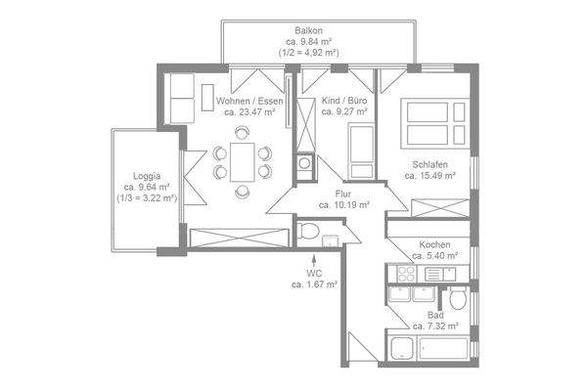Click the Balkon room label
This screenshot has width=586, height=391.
308,30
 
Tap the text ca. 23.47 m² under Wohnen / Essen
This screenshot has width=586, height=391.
249,111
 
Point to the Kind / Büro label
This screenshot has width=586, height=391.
344,101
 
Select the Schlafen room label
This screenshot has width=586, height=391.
429,164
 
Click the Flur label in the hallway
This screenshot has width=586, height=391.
343,194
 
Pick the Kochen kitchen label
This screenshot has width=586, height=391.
434,244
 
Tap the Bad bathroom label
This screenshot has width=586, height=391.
435,315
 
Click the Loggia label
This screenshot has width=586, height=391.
147,176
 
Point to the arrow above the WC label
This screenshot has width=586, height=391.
314,261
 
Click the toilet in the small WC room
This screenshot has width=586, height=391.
308,230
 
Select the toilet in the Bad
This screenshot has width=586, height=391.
458,297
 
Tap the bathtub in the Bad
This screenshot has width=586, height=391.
443,348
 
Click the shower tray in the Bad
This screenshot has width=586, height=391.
402,348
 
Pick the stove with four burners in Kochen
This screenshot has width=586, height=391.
406,274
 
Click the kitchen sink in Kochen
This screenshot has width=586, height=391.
440,274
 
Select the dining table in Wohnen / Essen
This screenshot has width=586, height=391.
243,162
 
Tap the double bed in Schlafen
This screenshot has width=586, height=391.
435,123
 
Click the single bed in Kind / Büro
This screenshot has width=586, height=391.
362,152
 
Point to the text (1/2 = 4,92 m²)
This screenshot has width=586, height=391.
309,53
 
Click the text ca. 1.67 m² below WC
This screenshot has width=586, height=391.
314,284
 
